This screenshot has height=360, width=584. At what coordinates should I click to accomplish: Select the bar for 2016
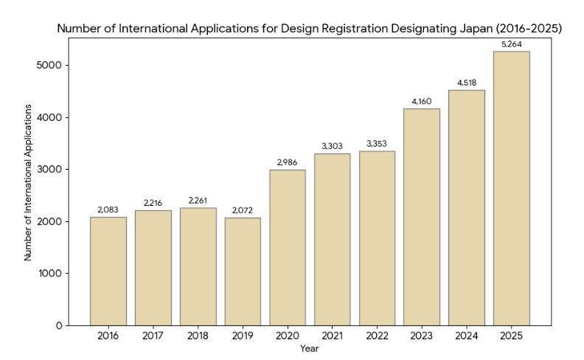pyautogui.click(x=108, y=271)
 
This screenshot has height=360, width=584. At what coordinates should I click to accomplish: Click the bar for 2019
pyautogui.click(x=243, y=271)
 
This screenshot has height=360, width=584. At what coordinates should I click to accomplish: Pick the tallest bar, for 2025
pyautogui.click(x=511, y=188)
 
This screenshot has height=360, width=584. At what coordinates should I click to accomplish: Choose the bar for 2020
pyautogui.click(x=288, y=247)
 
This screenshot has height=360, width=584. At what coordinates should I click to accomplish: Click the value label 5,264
pyautogui.click(x=511, y=44)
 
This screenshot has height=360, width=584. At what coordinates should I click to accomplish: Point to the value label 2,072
pyautogui.click(x=243, y=211)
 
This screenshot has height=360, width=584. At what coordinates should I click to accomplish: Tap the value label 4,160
pyautogui.click(x=422, y=102)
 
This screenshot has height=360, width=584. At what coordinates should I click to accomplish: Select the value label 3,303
pyautogui.click(x=332, y=147)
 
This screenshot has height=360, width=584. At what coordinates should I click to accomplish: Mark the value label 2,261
pyautogui.click(x=198, y=201)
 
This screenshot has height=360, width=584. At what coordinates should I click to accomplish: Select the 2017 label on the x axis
pyautogui.click(x=153, y=336)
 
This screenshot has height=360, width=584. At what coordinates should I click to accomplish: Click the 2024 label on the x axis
pyautogui.click(x=466, y=336)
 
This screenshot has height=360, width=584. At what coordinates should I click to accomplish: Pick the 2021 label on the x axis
pyautogui.click(x=332, y=336)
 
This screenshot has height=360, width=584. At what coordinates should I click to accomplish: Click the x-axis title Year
pyautogui.click(x=310, y=347)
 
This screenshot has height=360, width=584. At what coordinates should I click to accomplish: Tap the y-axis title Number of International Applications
pyautogui.click(x=28, y=182)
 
